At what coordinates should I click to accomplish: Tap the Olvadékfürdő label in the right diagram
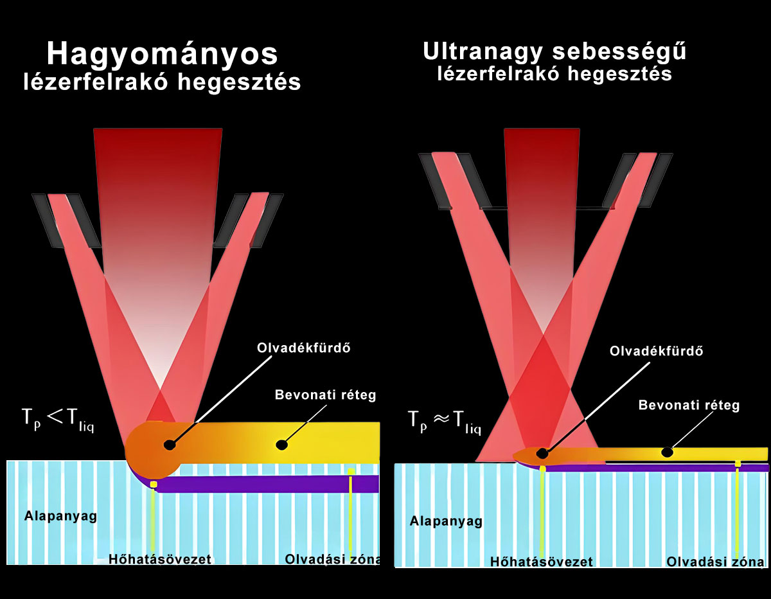(x=655, y=352)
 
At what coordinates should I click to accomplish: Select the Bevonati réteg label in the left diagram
(x=324, y=395)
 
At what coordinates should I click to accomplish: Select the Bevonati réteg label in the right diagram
(x=689, y=406)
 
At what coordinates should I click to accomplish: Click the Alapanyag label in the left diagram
(x=60, y=515)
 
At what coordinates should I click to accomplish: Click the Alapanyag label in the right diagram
(x=446, y=521)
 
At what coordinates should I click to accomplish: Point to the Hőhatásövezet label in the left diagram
(x=160, y=559)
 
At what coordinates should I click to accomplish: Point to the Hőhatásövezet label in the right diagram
(x=541, y=562)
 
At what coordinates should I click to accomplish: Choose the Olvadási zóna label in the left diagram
(x=333, y=559)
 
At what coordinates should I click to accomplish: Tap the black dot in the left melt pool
(x=170, y=444)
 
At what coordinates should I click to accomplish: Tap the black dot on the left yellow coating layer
(x=281, y=444)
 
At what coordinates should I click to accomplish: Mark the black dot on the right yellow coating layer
(x=668, y=452)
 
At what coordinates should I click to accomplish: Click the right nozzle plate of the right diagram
(x=642, y=181)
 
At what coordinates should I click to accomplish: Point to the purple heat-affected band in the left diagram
(x=270, y=484)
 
